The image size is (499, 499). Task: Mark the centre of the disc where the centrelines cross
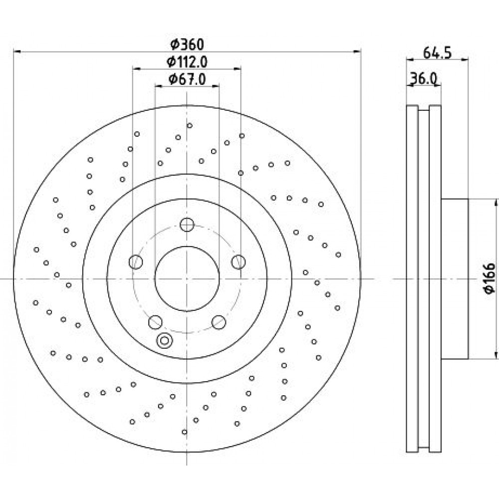[x=187, y=279]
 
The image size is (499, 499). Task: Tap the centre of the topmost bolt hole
[x=187, y=225]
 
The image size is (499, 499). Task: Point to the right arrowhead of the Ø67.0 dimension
[x=216, y=86]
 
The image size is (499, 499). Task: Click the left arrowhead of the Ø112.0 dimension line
[x=136, y=68]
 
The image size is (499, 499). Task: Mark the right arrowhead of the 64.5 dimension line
[x=465, y=58]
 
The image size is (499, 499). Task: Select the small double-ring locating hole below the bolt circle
[x=164, y=340]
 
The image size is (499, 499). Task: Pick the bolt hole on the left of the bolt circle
[x=136, y=262]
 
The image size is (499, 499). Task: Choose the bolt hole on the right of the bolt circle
[x=239, y=262]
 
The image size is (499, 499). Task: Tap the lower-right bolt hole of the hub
[x=219, y=322]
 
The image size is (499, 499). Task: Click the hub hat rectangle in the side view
[x=455, y=279]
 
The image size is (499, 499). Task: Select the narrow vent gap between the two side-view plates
[x=423, y=279]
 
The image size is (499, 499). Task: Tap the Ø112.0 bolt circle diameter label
[x=187, y=62]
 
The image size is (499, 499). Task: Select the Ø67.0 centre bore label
[x=187, y=79]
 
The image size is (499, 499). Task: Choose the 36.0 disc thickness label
[x=423, y=78]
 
